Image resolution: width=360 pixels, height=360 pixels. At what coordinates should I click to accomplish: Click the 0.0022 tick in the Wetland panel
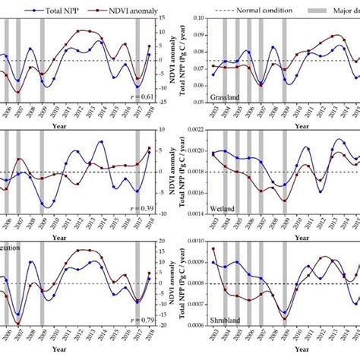click(x=195, y=130)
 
